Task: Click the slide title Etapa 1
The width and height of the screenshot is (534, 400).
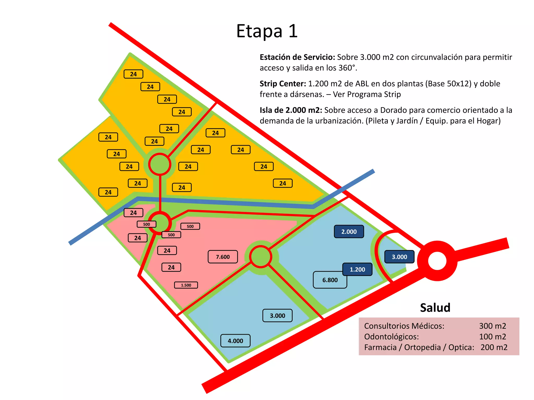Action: coord(267,31)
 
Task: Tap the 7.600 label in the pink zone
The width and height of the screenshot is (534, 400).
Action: coord(223,257)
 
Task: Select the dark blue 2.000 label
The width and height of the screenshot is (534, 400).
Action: coord(349,232)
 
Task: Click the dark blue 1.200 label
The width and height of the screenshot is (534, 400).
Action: coord(357,269)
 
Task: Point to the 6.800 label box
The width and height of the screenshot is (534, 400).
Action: coord(330,280)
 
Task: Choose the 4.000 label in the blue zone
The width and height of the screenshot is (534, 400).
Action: coord(235,341)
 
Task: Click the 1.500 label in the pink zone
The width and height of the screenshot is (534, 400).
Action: coord(186,285)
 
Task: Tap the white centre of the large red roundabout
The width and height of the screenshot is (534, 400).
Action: coord(437,261)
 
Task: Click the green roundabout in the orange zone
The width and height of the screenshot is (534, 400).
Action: coord(160,164)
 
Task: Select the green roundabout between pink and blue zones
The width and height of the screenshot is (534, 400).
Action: coord(260,257)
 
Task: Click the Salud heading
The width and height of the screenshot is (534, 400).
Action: coord(435,308)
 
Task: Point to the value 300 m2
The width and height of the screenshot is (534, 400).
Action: coord(492,326)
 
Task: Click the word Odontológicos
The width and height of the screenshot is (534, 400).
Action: coord(391,336)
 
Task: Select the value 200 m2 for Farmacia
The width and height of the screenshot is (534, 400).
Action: coord(494,347)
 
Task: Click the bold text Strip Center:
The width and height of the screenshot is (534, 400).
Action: coord(283,84)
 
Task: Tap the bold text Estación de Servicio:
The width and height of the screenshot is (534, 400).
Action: coord(297,57)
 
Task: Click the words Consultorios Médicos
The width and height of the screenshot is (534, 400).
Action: coord(404,326)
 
